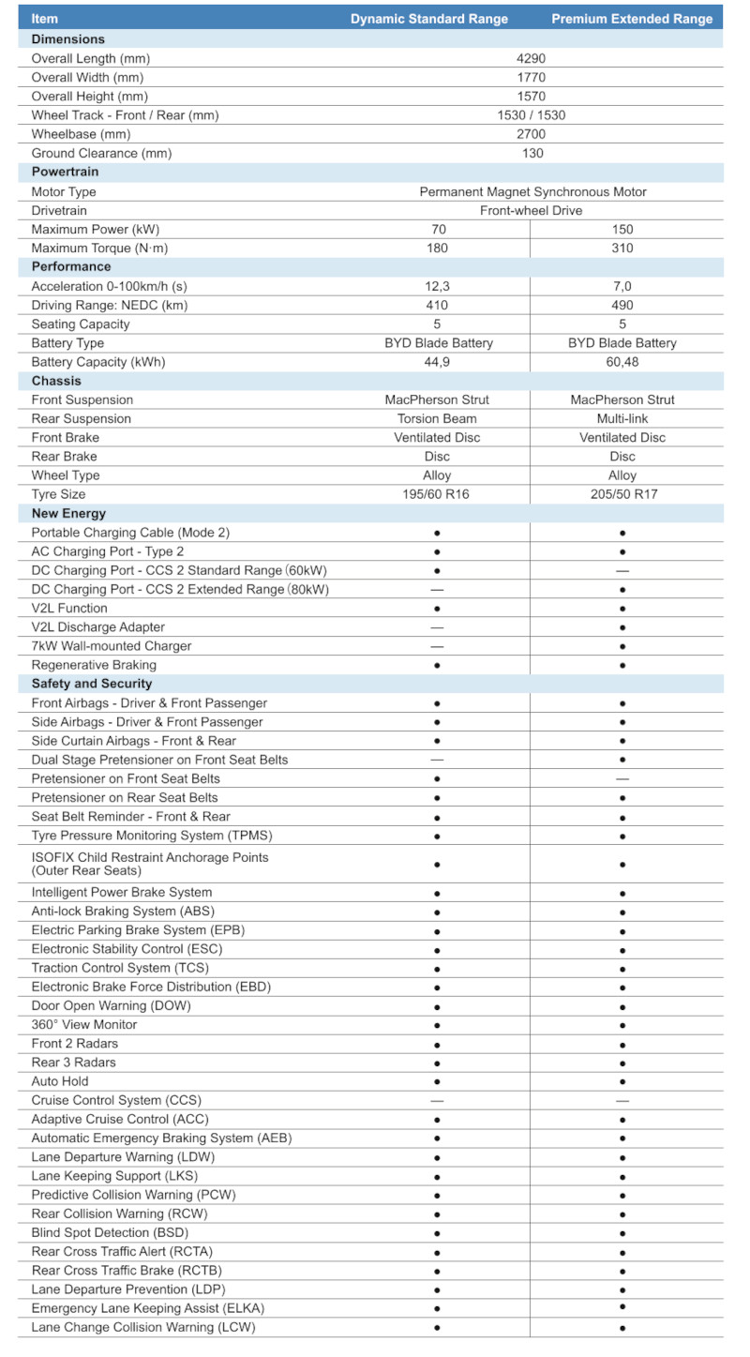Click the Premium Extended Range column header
pos(632,19)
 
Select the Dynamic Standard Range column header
pos(429,19)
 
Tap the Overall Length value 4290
pos(531,58)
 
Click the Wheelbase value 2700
pos(531,134)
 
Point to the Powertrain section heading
pos(65,172)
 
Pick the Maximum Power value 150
pos(622,229)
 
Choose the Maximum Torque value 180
pos(437,248)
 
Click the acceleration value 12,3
pos(437,286)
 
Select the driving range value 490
pos(622,305)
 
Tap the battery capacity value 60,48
pos(622,362)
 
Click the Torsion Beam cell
pos(437,418)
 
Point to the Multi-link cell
pos(622,418)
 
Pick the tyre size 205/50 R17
pos(622,494)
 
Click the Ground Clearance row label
pos(101,153)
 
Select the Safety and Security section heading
pos(92,684)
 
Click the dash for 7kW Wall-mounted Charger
pos(437,646)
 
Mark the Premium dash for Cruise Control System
pos(622,1101)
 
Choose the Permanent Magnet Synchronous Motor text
pos(532,191)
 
